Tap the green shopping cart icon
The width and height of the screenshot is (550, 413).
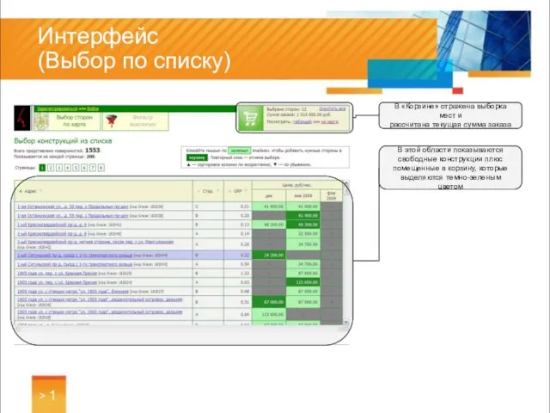pyautogui.click(x=250, y=118)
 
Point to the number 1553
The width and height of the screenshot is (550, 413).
pyautogui.click(x=92, y=150)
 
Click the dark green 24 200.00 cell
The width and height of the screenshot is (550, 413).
pyautogui.click(x=274, y=256)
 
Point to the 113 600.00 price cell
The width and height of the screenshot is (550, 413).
pyautogui.click(x=274, y=315)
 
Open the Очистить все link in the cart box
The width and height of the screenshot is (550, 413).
pyautogui.click(x=333, y=108)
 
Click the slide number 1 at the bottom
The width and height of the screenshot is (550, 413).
pyautogui.click(x=52, y=395)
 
